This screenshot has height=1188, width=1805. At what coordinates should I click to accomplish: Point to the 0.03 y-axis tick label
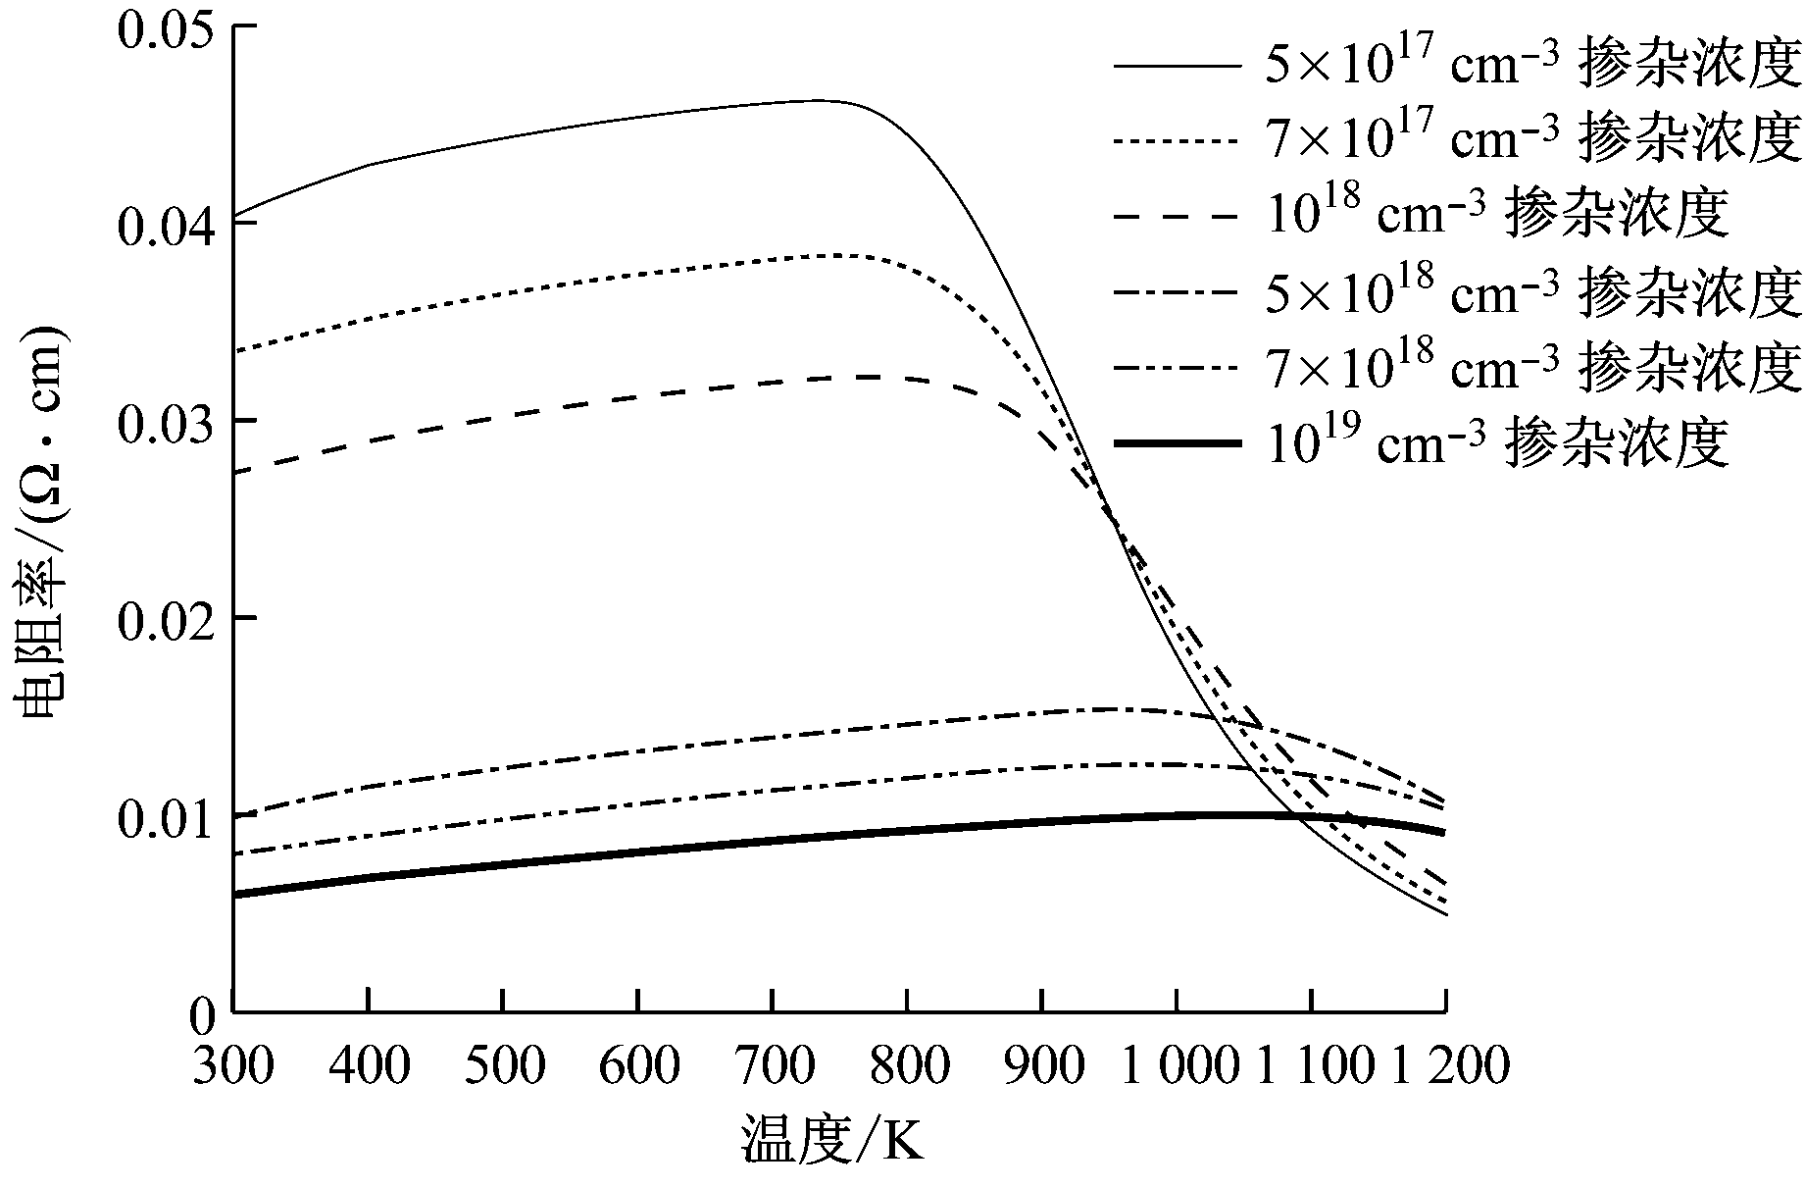click(162, 422)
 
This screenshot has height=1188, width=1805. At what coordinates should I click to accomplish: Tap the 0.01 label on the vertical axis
click(162, 816)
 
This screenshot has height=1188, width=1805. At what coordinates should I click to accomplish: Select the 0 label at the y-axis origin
click(200, 1016)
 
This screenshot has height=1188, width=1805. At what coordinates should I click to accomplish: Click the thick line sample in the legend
click(1177, 444)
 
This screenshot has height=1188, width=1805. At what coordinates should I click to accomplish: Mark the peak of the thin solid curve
click(814, 100)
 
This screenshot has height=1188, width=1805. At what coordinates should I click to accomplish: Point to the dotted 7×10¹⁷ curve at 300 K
click(235, 350)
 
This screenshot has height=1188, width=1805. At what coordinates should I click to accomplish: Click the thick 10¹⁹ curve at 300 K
click(235, 894)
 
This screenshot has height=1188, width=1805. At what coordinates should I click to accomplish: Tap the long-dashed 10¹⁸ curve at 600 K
click(637, 399)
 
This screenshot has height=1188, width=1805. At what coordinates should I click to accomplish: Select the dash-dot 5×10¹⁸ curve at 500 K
click(502, 766)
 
